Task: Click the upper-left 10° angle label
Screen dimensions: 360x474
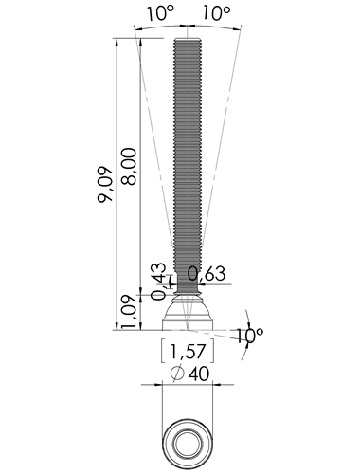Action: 161,14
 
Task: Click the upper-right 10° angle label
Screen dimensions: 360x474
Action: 216,14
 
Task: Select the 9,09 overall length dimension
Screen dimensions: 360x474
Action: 105,185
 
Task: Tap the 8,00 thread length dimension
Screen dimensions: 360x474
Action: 129,166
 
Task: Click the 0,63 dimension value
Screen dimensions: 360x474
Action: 207,273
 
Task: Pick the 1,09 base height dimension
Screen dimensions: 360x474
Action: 129,312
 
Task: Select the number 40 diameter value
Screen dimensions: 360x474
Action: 199,374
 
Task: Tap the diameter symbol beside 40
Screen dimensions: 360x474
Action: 177,374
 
